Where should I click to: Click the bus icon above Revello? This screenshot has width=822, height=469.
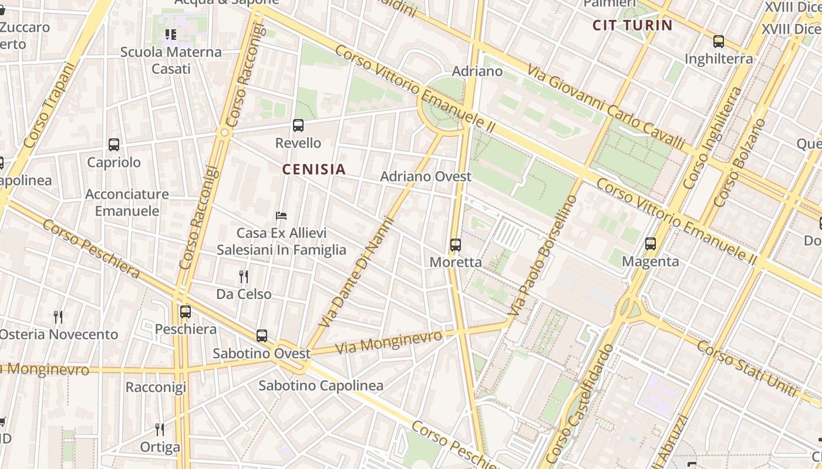[x=298, y=125]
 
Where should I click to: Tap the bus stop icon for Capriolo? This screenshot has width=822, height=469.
[x=114, y=144]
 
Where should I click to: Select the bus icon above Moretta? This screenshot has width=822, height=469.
[x=456, y=245]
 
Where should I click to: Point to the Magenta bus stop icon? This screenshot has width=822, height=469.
[x=651, y=244]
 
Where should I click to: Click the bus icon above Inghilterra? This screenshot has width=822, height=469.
[x=719, y=42]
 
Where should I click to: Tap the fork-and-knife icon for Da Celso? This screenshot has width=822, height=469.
[x=244, y=276]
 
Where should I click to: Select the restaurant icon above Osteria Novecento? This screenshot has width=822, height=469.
[x=58, y=317]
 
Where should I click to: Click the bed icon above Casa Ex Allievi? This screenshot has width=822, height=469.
[x=281, y=216]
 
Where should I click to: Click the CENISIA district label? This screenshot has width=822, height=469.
[x=314, y=169]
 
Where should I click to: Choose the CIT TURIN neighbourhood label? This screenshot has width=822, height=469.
[x=632, y=25]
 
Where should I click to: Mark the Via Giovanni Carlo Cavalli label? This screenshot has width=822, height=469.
[x=606, y=107]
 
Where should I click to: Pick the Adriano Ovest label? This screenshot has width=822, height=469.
[x=426, y=176]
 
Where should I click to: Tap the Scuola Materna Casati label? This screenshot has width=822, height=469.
[x=171, y=60]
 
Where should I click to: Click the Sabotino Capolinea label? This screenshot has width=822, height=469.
[x=321, y=386]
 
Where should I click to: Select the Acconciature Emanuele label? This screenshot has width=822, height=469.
[x=127, y=202]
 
